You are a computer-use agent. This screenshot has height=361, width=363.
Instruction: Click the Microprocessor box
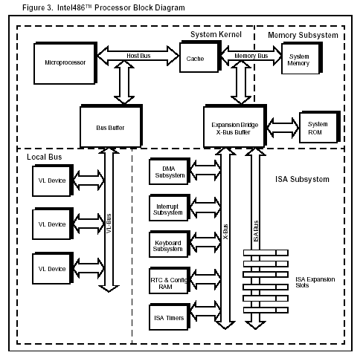point(65,63)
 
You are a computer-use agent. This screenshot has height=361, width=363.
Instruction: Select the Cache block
point(200,57)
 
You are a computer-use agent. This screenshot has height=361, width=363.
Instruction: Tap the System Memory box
point(302,58)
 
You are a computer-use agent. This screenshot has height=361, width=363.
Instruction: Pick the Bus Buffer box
point(111,126)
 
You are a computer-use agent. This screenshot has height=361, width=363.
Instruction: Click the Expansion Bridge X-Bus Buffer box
point(235,126)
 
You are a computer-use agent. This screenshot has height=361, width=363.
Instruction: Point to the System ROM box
point(320,127)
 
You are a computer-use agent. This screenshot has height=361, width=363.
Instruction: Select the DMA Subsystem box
point(170,172)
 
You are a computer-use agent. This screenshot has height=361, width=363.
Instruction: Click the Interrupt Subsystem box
point(170,207)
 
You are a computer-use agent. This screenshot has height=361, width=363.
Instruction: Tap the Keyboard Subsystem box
point(170,244)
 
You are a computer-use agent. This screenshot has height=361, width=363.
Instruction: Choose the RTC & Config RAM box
point(170,281)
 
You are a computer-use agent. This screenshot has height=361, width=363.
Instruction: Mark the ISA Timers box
point(170,317)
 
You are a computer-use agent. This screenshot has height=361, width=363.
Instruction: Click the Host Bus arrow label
point(138,56)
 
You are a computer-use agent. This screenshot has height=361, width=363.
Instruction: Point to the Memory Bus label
point(251,56)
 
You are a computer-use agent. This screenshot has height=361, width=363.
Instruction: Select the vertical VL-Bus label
point(109,224)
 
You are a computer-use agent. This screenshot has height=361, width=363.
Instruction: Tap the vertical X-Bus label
point(225,232)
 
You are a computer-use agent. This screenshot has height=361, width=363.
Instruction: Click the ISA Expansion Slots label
point(315,282)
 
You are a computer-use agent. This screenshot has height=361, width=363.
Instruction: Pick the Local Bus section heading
point(44,157)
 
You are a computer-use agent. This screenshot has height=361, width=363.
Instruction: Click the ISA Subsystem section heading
point(302,179)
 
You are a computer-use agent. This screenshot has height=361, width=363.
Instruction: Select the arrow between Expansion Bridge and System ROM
point(283,128)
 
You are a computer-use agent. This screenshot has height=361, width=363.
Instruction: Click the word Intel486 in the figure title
point(71,7)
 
